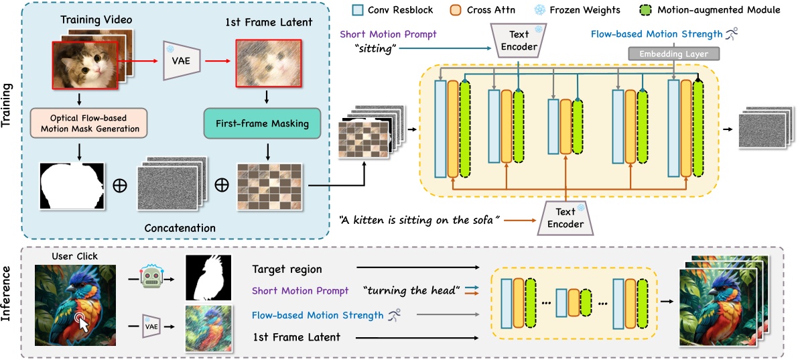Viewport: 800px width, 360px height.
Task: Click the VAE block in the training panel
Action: pyautogui.click(x=180, y=58)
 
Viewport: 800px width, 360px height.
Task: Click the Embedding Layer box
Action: pyautogui.click(x=672, y=53)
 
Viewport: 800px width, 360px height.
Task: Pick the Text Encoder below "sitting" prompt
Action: pyautogui.click(x=519, y=42)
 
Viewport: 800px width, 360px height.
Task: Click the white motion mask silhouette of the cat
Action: pyautogui.click(x=72, y=186)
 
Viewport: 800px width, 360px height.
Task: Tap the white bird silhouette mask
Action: pyautogui.click(x=208, y=277)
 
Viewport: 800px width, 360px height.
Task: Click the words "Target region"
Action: pyautogui.click(x=287, y=269)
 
